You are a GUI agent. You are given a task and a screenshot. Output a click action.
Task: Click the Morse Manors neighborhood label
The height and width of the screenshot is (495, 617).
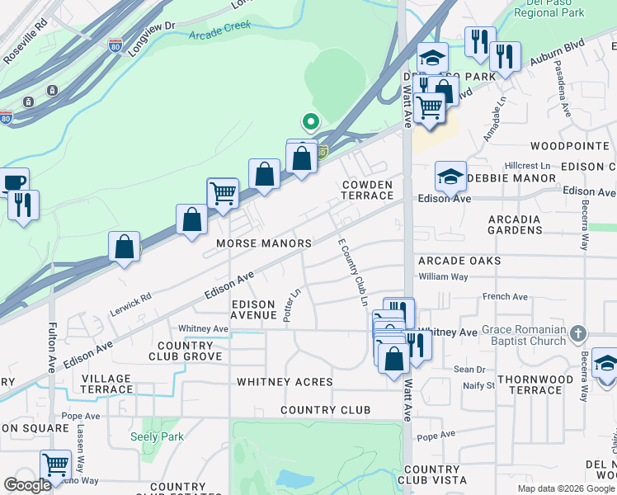[x=264, y=243]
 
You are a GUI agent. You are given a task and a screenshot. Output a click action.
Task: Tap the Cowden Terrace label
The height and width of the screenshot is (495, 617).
[x=367, y=190]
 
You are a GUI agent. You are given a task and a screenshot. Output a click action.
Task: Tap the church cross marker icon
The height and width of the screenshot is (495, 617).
[x=578, y=332]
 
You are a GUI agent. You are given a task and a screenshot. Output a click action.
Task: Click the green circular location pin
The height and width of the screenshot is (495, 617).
[x=310, y=122]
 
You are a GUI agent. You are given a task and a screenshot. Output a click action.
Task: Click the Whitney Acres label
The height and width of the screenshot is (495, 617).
[x=285, y=382]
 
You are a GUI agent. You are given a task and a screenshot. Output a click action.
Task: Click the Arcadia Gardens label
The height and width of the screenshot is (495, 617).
[x=514, y=224]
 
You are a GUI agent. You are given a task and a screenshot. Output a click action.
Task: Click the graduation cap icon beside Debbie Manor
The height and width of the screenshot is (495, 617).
[x=450, y=175]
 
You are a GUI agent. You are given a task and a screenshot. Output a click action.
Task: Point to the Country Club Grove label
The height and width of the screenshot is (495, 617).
[x=185, y=351]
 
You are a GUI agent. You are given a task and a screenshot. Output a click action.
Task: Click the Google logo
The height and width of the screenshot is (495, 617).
[x=27, y=485]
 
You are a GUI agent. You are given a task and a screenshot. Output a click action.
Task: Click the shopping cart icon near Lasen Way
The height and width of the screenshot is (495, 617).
[x=55, y=464]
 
